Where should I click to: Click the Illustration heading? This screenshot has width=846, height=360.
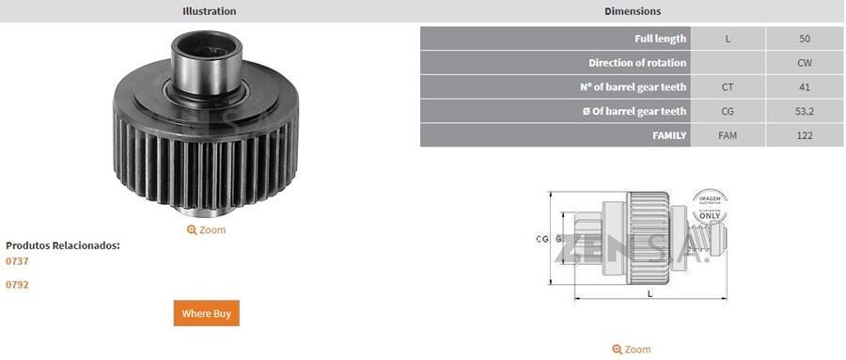coord(209,11)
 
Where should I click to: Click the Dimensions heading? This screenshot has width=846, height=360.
coord(632,11)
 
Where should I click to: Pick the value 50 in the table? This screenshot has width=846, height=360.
coord(804,39)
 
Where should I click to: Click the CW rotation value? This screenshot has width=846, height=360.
coord(804,63)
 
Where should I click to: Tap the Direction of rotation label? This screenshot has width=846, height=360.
coord(637,63)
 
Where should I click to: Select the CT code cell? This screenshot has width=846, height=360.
coord(728,87)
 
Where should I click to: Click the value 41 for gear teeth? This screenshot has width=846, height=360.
coord(804,87)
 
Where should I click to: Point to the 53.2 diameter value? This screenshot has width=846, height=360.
coord(804,112)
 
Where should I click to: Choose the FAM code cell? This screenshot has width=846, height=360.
coord(728,136)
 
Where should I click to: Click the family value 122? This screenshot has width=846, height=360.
coord(804,136)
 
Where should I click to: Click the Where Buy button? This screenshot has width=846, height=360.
coord(206,313)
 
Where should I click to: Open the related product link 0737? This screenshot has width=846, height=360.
coord(18,261)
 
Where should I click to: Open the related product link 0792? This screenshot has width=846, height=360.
coord(18,284)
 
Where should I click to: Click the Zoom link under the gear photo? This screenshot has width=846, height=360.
coord(207,229)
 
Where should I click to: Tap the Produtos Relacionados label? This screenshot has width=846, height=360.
coord(63,245)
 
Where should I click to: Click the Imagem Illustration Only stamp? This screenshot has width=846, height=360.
coord(710,206)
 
